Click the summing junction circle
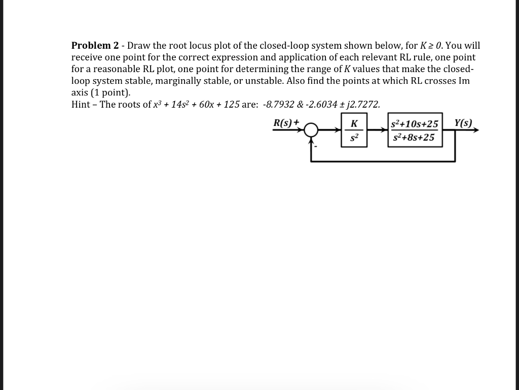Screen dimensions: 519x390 [x=311, y=131]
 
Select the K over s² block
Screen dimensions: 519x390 [x=354, y=131]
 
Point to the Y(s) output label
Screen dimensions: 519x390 [x=463, y=122]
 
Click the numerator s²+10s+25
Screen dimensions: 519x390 [x=415, y=124]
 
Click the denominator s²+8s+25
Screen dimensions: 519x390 [x=414, y=138]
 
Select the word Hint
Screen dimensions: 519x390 [x=82, y=105]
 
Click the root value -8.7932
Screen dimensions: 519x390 [x=281, y=105]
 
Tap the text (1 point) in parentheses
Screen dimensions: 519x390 [x=110, y=92]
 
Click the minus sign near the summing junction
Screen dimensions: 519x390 [x=316, y=147]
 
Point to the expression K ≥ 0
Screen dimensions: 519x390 [x=429, y=46]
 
